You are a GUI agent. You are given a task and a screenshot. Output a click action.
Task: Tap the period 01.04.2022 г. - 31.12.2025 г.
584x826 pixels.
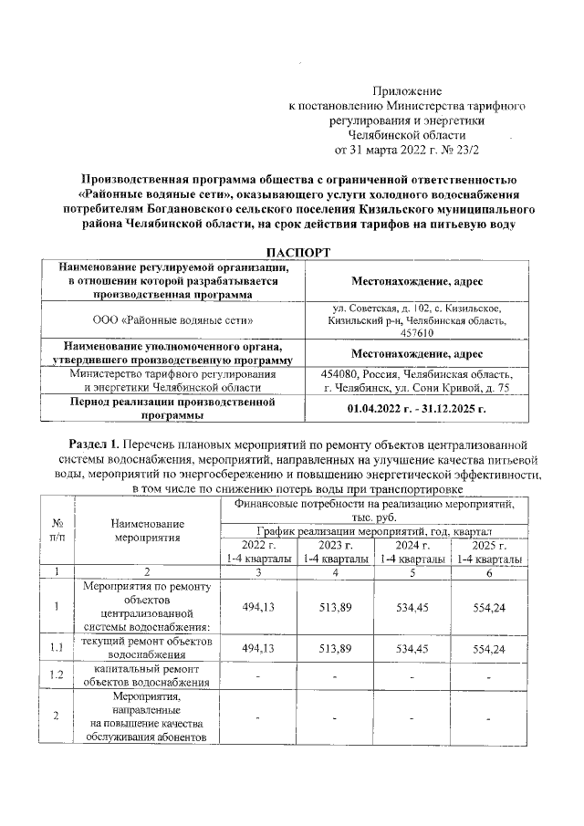[420, 408]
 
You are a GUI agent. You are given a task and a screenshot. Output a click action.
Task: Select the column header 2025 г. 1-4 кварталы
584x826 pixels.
[490, 551]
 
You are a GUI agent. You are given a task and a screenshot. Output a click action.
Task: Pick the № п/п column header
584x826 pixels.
[57, 530]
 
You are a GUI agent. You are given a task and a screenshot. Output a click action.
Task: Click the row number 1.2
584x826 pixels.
[57, 675]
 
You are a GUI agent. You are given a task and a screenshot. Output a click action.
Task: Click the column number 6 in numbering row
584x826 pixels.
[490, 571]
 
